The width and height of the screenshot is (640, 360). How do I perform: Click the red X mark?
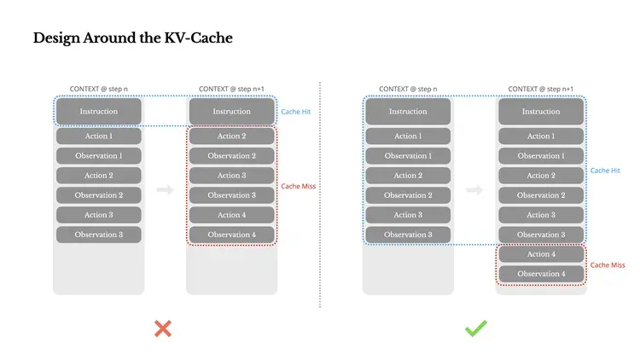[163, 328]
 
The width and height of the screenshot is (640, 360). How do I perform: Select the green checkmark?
[475, 328]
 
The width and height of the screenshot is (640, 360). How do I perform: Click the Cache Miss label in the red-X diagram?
[299, 186]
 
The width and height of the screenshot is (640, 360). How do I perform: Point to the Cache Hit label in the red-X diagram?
[295, 112]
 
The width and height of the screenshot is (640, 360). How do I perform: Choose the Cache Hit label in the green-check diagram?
[605, 171]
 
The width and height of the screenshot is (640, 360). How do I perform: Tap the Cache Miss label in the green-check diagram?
[608, 265]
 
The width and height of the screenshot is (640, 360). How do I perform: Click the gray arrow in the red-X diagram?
[166, 189]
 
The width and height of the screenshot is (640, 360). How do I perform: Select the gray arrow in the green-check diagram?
[474, 189]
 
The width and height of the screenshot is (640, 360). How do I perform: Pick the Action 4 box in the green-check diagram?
[540, 254]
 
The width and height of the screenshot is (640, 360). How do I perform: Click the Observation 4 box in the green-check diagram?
[540, 274]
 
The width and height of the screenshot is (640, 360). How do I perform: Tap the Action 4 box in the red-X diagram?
[231, 215]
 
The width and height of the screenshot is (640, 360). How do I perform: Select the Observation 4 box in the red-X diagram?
[231, 235]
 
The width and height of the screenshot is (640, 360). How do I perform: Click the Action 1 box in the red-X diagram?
[99, 136]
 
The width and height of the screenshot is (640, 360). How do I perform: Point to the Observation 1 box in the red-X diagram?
[99, 156]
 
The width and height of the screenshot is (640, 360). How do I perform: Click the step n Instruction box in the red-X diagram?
[99, 112]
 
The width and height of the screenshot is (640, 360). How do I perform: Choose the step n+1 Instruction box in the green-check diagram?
[540, 112]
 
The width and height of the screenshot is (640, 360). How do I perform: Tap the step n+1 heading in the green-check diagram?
[540, 89]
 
